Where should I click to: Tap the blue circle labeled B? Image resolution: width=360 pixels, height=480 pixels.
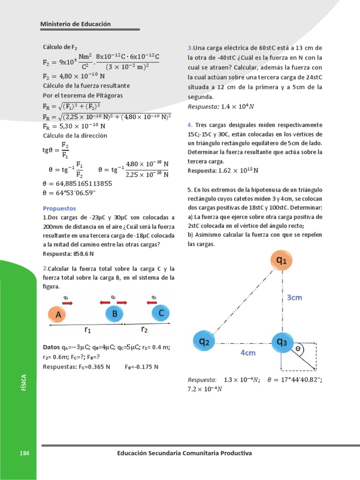[x=114, y=315]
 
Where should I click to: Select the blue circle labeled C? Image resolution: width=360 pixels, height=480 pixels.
[x=160, y=314]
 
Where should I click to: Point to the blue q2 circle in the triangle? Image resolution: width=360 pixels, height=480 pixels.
[x=204, y=342]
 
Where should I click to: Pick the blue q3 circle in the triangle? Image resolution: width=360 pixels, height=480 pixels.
[x=282, y=342]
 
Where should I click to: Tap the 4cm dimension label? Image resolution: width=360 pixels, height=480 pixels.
[x=248, y=352]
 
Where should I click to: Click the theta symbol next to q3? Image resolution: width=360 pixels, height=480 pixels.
[x=297, y=349]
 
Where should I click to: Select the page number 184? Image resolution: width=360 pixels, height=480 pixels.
[x=24, y=453]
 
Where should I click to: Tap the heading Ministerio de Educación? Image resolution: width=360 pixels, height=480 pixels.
[x=75, y=24]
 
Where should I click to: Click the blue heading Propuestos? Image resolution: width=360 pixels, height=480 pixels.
[x=59, y=208]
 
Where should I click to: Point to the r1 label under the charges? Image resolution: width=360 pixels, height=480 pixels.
[x=88, y=330]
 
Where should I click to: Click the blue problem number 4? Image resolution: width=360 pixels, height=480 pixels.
[x=190, y=125]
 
